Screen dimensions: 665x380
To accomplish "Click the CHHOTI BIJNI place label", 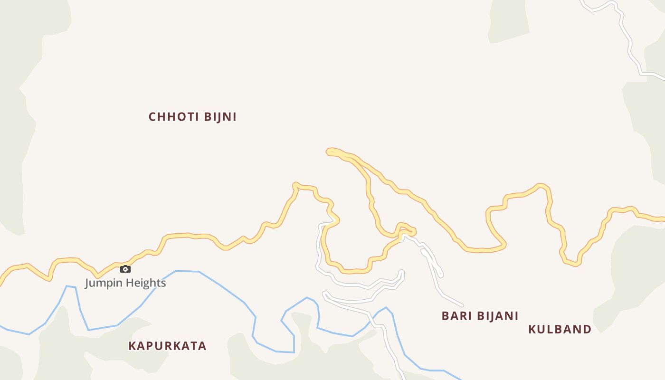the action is click(x=192, y=117).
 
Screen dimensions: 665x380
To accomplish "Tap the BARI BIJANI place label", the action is click(x=480, y=316).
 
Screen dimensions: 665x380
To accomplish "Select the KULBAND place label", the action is click(x=560, y=329).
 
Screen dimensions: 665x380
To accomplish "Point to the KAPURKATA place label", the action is click(x=167, y=346).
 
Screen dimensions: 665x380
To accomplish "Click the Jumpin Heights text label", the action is click(x=125, y=283).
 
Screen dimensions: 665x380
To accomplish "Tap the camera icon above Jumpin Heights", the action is click(x=125, y=269).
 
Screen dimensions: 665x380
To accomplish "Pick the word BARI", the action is click(x=455, y=316).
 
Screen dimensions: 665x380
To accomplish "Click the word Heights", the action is click(x=143, y=283).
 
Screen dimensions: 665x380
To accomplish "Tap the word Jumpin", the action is click(x=101, y=283).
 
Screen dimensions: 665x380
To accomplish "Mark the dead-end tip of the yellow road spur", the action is click(x=329, y=152).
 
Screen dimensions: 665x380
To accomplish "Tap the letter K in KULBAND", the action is click(x=532, y=329).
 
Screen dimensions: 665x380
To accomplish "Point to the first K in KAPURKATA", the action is click(x=132, y=346).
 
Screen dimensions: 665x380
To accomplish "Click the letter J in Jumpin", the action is click(x=87, y=283).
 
